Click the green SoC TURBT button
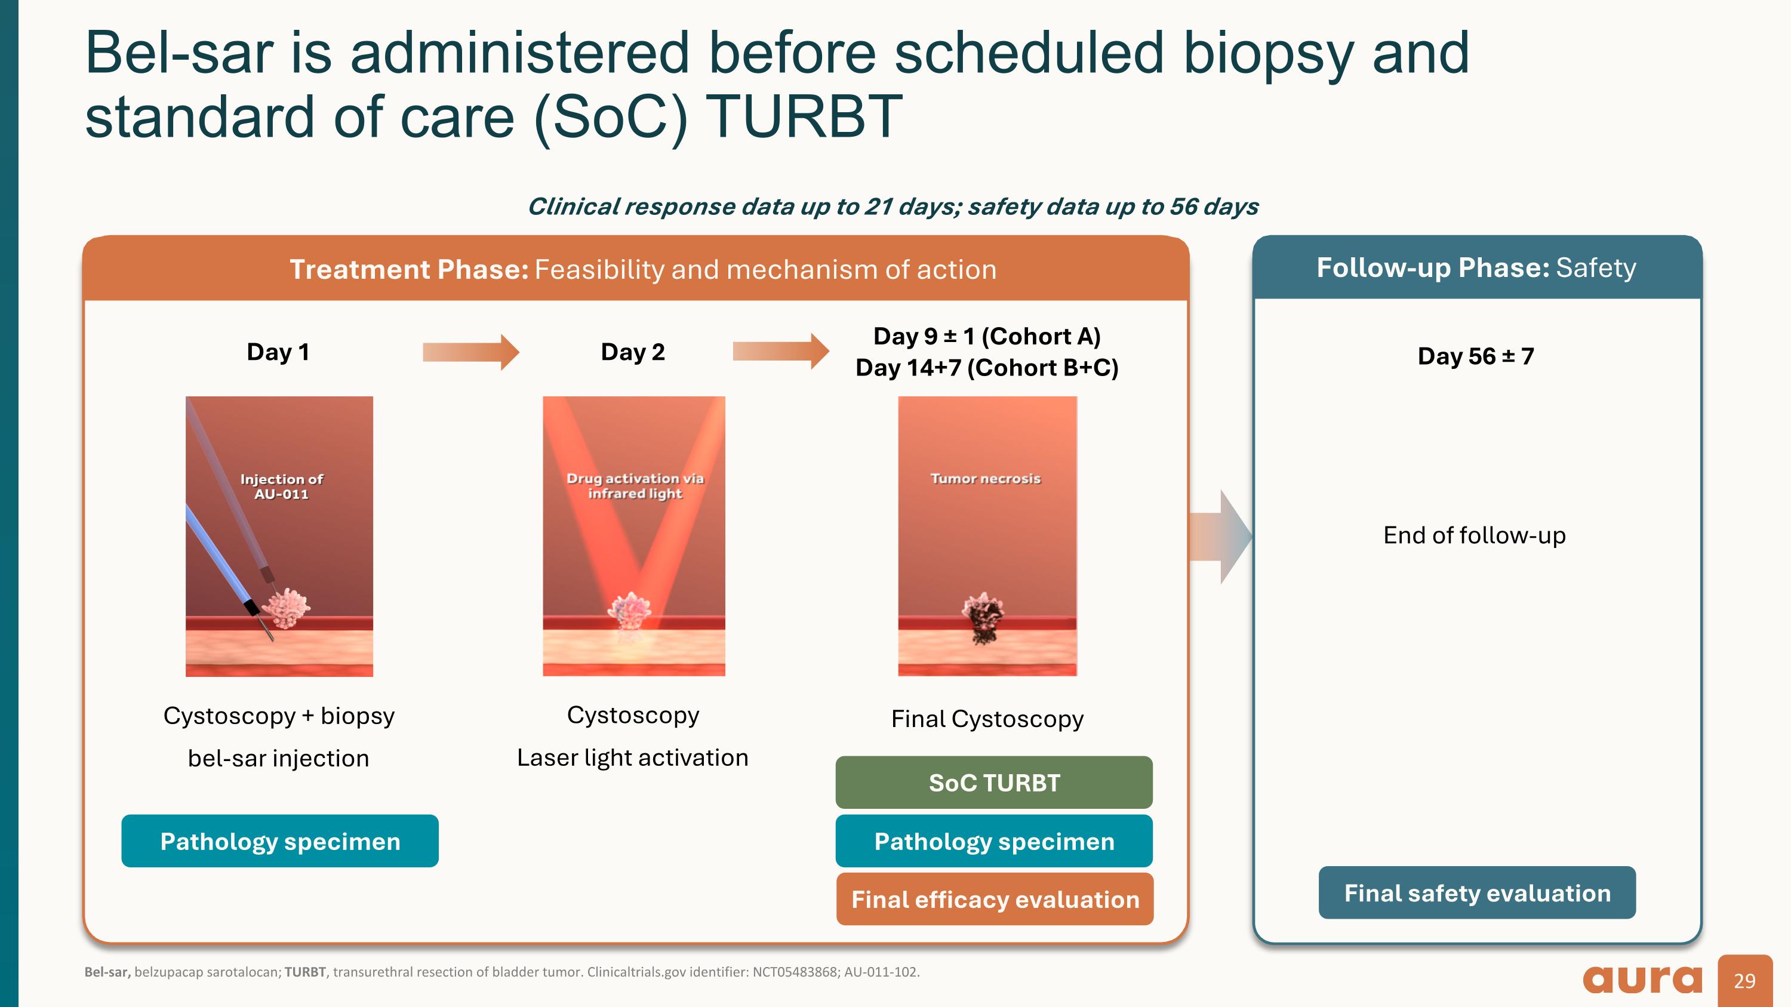click(x=993, y=783)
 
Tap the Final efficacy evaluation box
click(x=994, y=900)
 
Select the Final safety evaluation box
click(x=1477, y=892)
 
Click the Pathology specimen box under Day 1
click(x=279, y=841)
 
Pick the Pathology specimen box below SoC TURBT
click(x=993, y=841)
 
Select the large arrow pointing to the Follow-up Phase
click(x=1220, y=537)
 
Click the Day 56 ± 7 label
click(x=1475, y=356)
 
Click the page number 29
click(x=1744, y=981)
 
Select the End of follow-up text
click(x=1474, y=535)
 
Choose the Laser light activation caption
click(x=632, y=757)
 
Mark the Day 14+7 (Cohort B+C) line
click(x=987, y=368)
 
